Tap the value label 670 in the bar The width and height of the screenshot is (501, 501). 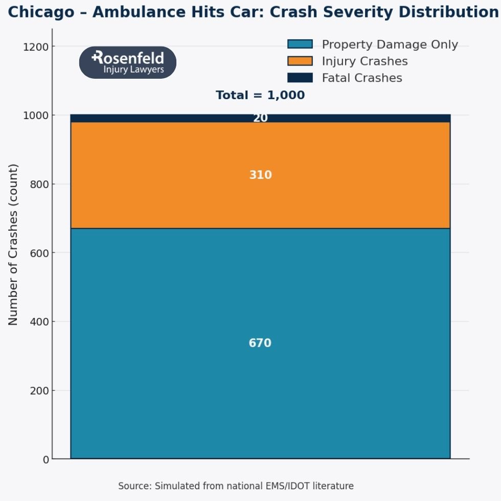point(260,343)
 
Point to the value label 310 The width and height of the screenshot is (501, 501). point(260,175)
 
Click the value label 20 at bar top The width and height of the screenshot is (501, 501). point(260,118)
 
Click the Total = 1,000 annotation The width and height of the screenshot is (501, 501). point(260,95)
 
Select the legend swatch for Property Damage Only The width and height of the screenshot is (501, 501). point(300,44)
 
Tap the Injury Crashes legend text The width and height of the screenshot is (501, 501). point(364,61)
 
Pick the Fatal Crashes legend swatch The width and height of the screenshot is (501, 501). point(300,78)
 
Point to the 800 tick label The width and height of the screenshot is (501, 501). point(39,185)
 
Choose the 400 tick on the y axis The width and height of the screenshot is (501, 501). point(39,322)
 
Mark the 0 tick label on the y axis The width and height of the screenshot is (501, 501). point(46,460)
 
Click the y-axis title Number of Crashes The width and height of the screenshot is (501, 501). point(13,244)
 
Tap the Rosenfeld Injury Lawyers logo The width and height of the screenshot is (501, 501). point(128,63)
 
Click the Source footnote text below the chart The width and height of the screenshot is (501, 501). point(236,486)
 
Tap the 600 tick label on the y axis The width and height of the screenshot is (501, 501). point(39,253)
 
